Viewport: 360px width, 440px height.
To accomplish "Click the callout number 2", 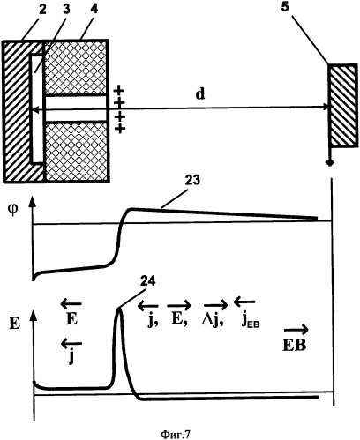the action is [x=43, y=10].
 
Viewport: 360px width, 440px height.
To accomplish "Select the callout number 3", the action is [x=67, y=10].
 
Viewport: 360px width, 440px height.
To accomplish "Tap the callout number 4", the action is [x=94, y=10].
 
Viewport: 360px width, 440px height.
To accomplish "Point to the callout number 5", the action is [x=285, y=8].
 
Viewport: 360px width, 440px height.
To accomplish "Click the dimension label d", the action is [x=200, y=93].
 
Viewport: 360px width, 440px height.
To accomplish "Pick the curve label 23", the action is [x=191, y=179].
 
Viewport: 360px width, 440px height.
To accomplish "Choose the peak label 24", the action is [x=148, y=281].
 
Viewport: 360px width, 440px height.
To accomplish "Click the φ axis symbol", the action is [x=12, y=211].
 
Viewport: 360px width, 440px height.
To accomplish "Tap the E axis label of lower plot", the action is [x=15, y=324].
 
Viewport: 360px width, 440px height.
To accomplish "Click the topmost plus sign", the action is [x=119, y=89].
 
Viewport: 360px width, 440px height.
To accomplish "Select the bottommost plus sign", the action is [x=120, y=129].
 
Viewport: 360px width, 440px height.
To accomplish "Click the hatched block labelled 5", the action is [x=343, y=106].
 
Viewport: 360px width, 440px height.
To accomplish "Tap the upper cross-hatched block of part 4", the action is [x=75, y=68].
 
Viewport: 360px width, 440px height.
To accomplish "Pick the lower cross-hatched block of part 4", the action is [x=76, y=151].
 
